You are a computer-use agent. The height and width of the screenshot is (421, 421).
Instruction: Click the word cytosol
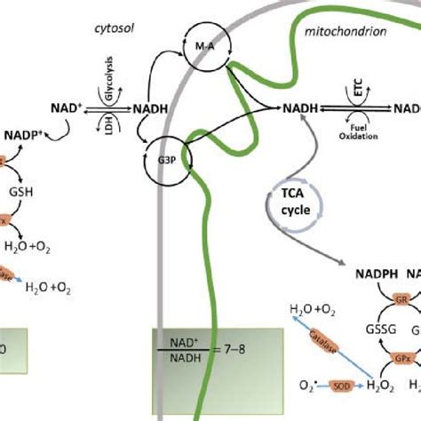pos(113,28)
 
